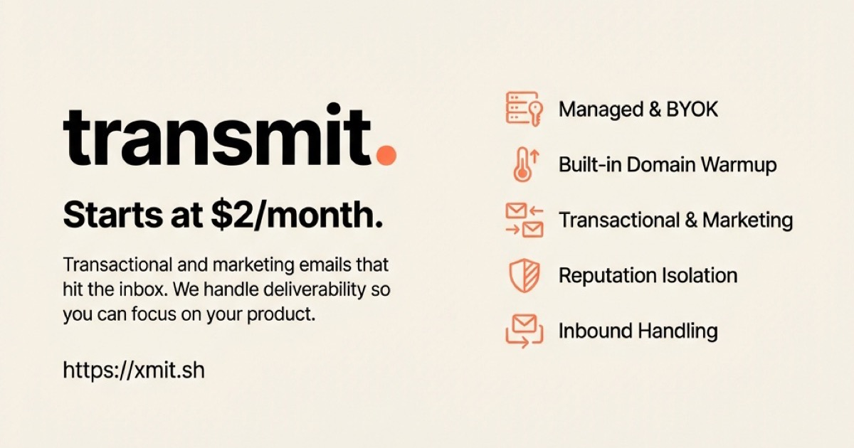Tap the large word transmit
point(218,136)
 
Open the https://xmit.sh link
point(134,370)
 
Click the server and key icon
point(524,110)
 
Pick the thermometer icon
point(523,165)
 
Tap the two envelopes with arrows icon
point(524,220)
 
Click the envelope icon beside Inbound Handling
point(523,331)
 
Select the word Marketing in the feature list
point(747,220)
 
